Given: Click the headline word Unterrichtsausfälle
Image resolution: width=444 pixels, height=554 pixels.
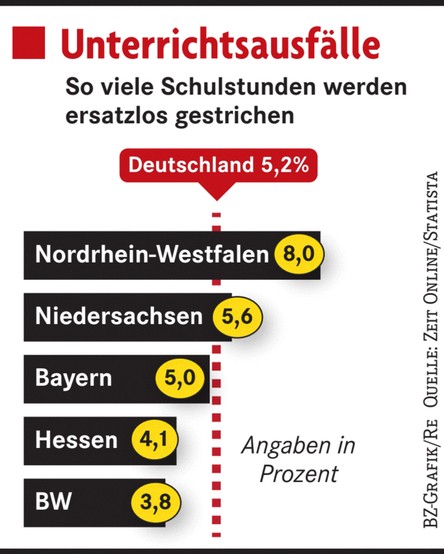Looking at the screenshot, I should [220, 44].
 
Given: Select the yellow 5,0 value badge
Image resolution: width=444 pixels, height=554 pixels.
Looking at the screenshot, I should [185, 379].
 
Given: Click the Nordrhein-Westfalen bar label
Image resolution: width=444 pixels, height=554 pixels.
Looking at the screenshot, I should [151, 255].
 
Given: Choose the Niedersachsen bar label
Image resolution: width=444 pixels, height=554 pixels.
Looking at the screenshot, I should [119, 316].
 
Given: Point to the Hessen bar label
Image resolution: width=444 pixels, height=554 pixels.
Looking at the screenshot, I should [76, 440].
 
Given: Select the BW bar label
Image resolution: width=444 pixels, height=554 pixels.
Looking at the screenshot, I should [53, 501].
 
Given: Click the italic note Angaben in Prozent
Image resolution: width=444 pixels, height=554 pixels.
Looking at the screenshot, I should [298, 459].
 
